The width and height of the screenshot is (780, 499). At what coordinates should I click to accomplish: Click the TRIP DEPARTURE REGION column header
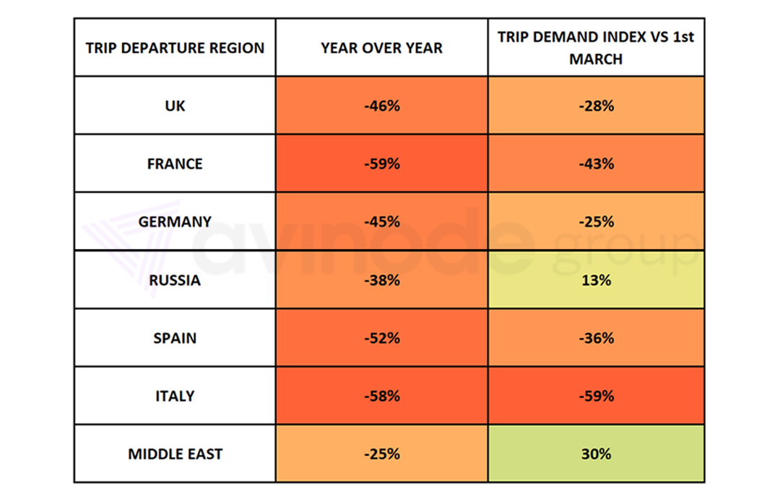pyautogui.click(x=175, y=48)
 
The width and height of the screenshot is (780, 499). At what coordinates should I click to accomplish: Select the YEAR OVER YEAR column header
pyautogui.click(x=381, y=48)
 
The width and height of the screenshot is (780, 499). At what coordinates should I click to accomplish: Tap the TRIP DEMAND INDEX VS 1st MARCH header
pyautogui.click(x=596, y=48)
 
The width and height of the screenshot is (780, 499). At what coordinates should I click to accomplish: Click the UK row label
pyautogui.click(x=175, y=105)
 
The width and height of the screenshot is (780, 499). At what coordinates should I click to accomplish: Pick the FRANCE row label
pyautogui.click(x=175, y=164)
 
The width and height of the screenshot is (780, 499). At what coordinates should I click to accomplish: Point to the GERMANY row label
pyautogui.click(x=175, y=222)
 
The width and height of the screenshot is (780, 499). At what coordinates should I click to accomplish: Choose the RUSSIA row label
pyautogui.click(x=175, y=280)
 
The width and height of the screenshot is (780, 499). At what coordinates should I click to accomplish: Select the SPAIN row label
pyautogui.click(x=175, y=338)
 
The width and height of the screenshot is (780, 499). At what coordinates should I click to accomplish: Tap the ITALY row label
pyautogui.click(x=175, y=396)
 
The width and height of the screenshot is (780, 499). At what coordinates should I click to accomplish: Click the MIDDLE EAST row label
pyautogui.click(x=175, y=454)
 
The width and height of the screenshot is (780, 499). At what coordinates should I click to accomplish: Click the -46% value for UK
pyautogui.click(x=381, y=105)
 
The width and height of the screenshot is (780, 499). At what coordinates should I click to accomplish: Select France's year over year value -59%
pyautogui.click(x=381, y=164)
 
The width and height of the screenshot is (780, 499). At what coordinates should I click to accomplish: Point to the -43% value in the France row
pyautogui.click(x=596, y=164)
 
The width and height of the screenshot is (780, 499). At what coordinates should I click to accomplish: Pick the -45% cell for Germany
pyautogui.click(x=381, y=222)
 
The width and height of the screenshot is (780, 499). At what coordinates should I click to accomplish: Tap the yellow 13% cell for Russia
pyautogui.click(x=596, y=280)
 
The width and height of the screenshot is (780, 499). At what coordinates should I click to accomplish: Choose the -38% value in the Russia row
pyautogui.click(x=381, y=280)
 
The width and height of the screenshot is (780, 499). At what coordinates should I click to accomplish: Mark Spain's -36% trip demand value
pyautogui.click(x=596, y=338)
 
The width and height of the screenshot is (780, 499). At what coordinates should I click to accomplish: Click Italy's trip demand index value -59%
pyautogui.click(x=596, y=396)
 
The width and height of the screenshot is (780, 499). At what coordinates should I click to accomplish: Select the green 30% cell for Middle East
pyautogui.click(x=596, y=454)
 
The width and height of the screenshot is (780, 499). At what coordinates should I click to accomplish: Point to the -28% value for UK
pyautogui.click(x=596, y=105)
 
